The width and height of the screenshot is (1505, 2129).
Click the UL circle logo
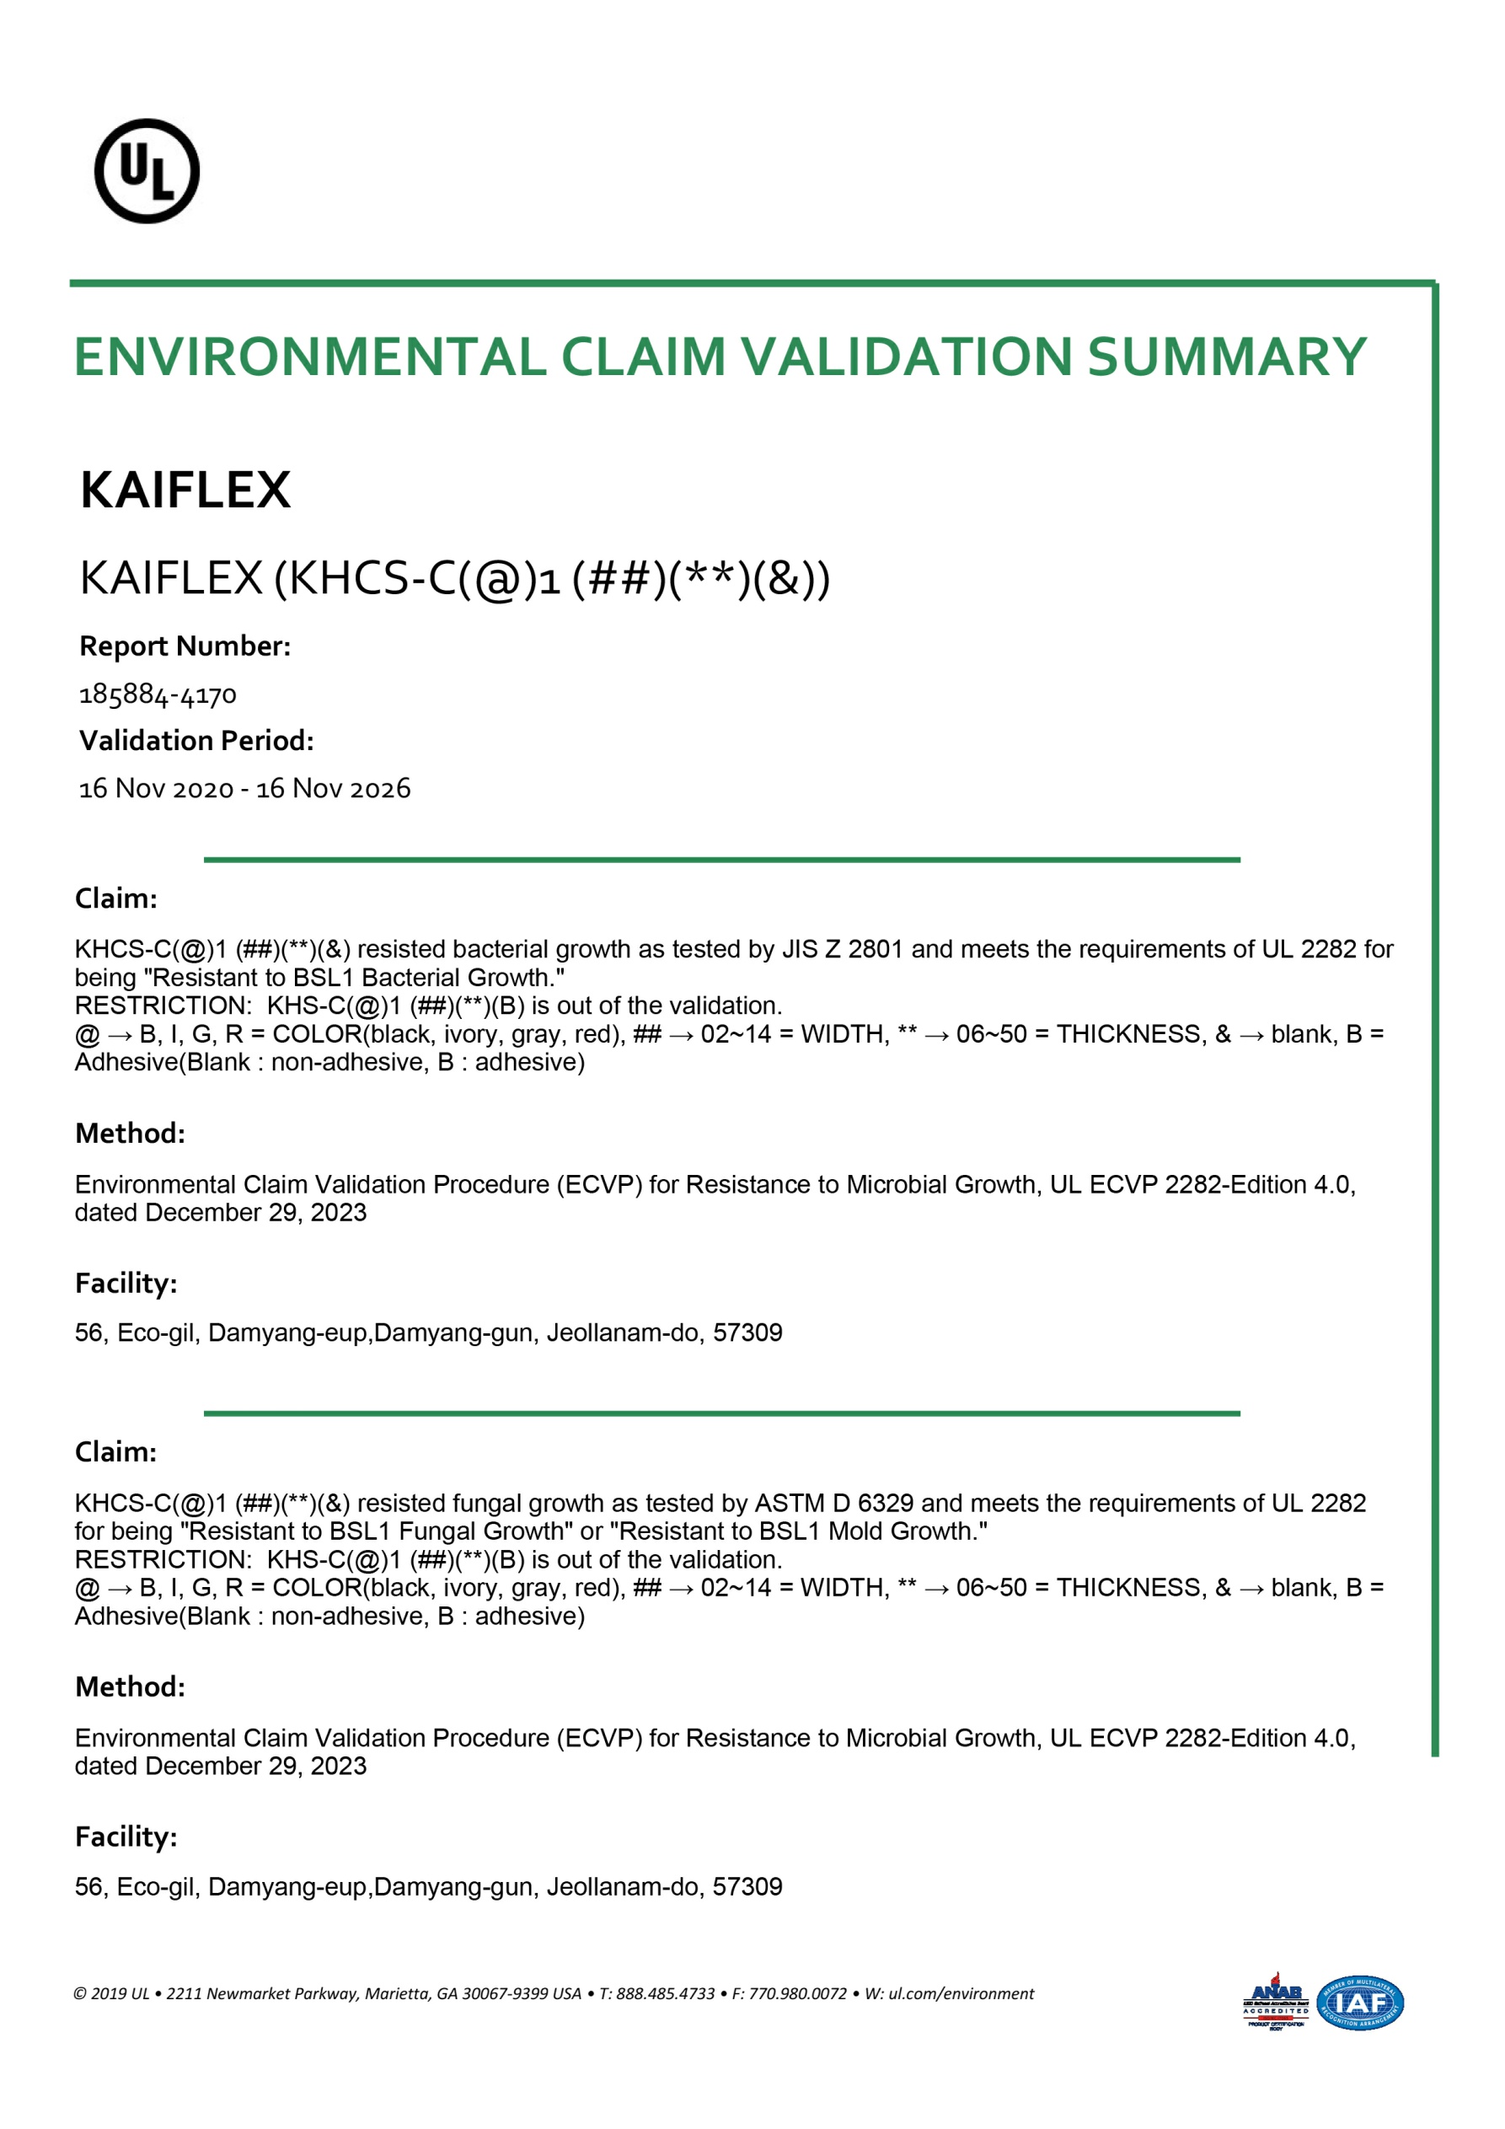point(147,170)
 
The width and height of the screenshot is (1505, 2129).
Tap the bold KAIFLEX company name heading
point(185,490)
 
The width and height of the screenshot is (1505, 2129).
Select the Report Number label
point(185,646)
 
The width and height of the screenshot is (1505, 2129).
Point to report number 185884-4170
point(158,694)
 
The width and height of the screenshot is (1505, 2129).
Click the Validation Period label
point(196,741)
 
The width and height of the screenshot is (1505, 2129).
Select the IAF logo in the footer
point(1359,2002)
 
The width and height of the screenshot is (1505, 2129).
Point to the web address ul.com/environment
point(961,1993)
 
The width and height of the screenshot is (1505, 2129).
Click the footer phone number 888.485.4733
point(666,1993)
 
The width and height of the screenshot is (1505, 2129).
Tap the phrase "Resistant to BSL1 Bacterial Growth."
point(353,978)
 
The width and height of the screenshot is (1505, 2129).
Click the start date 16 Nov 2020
point(156,789)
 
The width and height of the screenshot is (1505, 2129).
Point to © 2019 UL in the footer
point(111,1993)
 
